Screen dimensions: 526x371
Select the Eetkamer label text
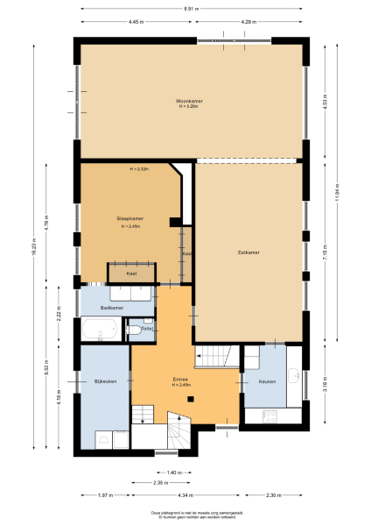[x=249, y=252]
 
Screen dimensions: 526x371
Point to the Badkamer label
[x=111, y=308]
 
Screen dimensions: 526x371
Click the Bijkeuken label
[x=105, y=380]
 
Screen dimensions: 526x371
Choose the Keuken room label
[x=267, y=381]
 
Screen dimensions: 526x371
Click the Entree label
[x=182, y=379]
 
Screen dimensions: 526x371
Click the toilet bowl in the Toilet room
[x=144, y=332]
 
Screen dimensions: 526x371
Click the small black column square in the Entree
[x=189, y=399]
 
